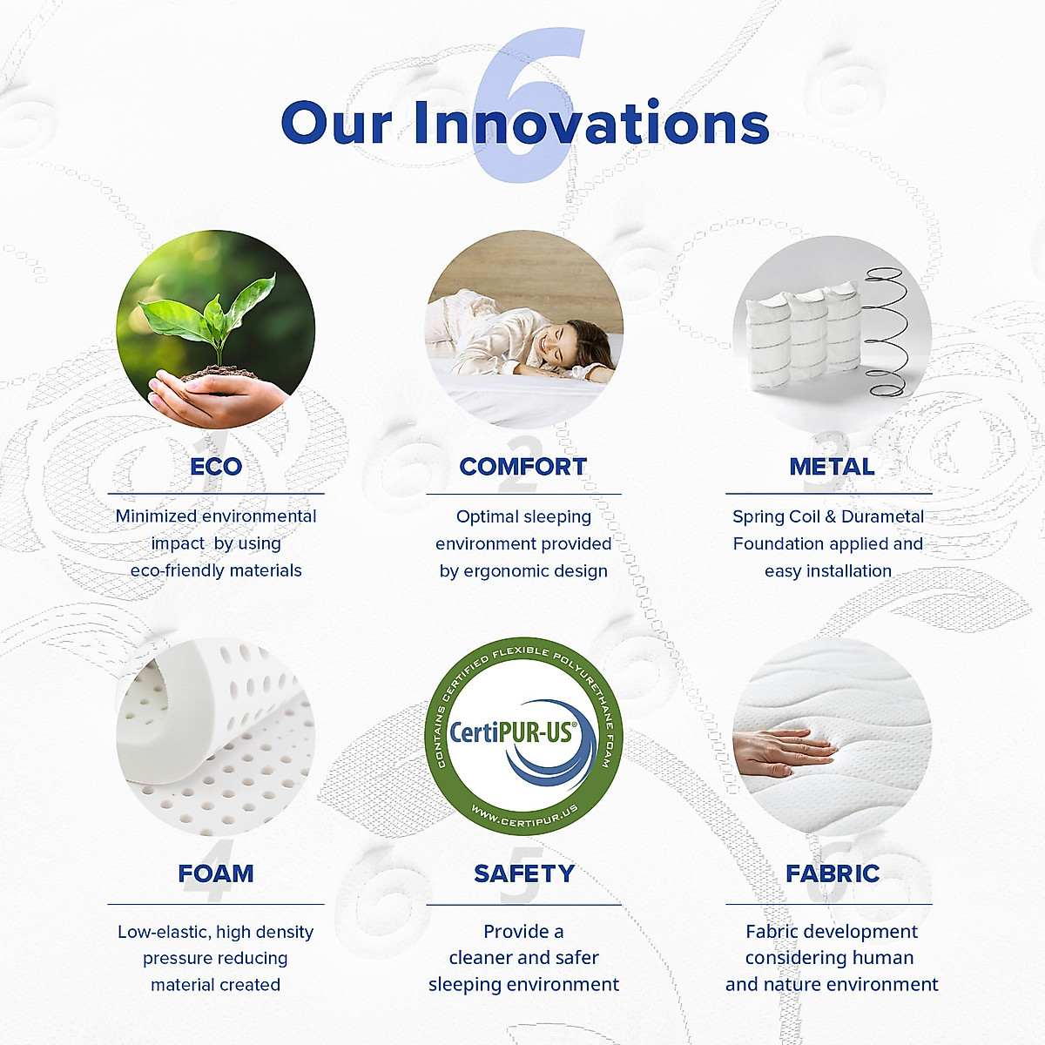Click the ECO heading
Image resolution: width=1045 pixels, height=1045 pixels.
coord(216,467)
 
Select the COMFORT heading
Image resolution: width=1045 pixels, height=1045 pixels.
coord(523,467)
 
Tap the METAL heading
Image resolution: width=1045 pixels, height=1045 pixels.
coord(832,467)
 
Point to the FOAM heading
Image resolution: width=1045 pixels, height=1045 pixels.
coord(216,873)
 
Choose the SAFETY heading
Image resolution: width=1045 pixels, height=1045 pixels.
coord(524,873)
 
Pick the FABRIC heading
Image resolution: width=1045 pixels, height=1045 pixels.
coord(833,873)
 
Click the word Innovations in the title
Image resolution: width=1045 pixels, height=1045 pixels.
coord(591,123)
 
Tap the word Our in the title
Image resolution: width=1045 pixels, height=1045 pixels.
coord(336,123)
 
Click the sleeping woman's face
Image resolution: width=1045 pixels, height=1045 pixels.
coord(564,347)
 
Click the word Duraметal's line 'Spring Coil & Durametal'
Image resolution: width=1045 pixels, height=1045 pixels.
coord(828,516)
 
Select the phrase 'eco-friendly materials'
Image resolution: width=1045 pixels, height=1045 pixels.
coord(216,570)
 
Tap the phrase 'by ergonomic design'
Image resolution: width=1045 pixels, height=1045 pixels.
coord(523,571)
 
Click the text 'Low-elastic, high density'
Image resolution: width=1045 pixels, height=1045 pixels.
coord(216,932)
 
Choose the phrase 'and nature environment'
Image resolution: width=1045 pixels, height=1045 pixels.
coord(832,984)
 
